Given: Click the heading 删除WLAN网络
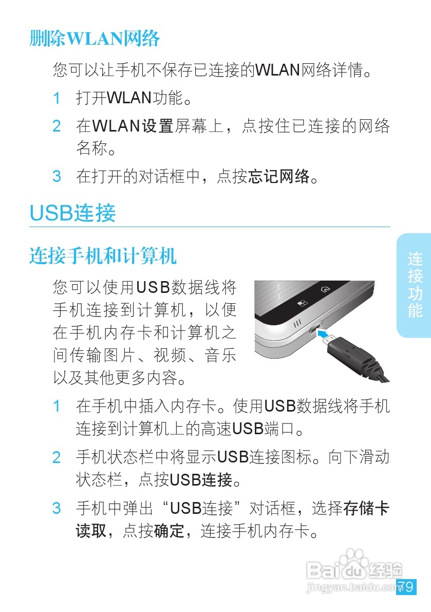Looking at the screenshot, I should (x=95, y=39).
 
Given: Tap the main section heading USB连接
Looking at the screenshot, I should (x=73, y=213).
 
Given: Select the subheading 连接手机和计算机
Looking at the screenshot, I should (x=103, y=255).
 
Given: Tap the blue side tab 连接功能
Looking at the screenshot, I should (x=415, y=285).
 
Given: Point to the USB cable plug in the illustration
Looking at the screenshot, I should (x=354, y=355).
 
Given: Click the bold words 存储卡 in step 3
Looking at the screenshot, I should (x=366, y=509).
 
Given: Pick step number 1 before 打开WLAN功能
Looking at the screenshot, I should (x=57, y=98).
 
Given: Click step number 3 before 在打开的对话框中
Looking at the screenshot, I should (x=57, y=177).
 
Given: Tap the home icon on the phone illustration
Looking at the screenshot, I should (x=324, y=289).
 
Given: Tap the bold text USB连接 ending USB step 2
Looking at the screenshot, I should (x=201, y=480).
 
